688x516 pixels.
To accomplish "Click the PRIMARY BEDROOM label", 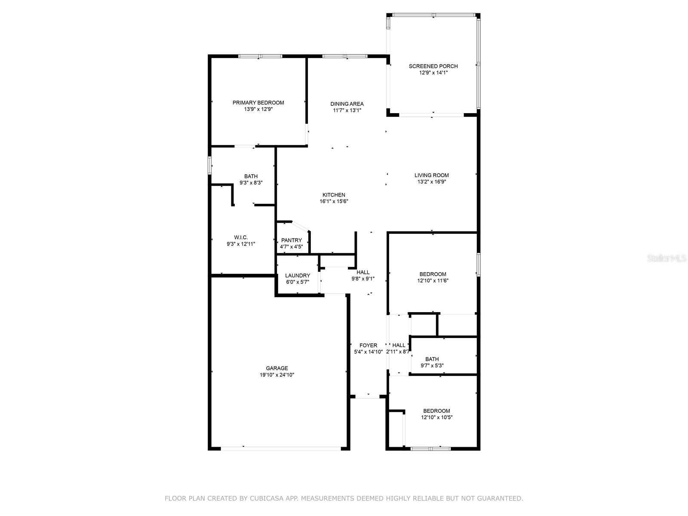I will pos(258,102).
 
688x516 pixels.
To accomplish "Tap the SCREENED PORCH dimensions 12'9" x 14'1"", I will pos(433,73).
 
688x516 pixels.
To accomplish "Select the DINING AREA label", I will pos(347,104).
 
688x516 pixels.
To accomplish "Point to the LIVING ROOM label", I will pos(431,175).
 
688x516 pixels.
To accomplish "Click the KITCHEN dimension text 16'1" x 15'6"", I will pos(334,201).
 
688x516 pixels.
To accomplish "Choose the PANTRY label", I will pos(292,240).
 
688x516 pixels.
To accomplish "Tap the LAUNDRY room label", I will pos(297,276).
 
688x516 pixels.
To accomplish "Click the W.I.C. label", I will pos(241,237).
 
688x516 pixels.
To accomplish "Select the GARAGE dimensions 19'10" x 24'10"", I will pos(277,375).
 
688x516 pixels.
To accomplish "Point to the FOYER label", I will pos(368,345).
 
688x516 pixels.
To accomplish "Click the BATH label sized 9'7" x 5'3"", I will pos(432,359).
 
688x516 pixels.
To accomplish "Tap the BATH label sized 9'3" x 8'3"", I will pos(251,176).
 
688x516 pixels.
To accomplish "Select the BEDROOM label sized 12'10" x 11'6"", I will pos(433,274).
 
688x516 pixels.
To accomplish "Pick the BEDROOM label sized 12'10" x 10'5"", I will pos(436,411).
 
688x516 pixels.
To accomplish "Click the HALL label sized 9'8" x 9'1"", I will pos(363,272).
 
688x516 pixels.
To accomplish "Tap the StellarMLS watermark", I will pos(666,258).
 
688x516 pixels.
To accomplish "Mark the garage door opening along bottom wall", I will pos(280,448).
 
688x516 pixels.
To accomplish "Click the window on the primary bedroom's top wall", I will pos(260,56).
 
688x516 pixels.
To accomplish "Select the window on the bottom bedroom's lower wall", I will pos(430,448).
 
